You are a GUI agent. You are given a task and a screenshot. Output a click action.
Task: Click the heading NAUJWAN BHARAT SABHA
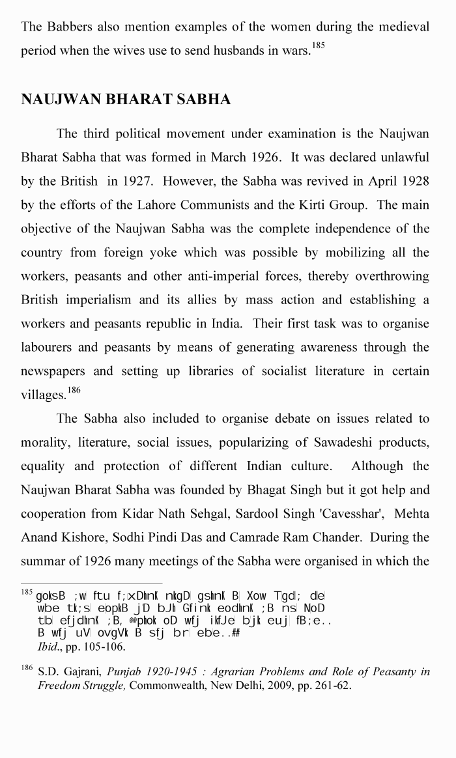pos(126,100)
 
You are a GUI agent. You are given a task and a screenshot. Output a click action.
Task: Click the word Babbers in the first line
pos(70,27)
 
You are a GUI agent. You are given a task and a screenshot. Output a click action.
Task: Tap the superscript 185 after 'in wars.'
pos(318,47)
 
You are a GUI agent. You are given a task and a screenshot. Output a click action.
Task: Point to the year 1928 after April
pos(414,182)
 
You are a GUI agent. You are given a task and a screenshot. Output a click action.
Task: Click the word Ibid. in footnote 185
pos(50,647)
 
